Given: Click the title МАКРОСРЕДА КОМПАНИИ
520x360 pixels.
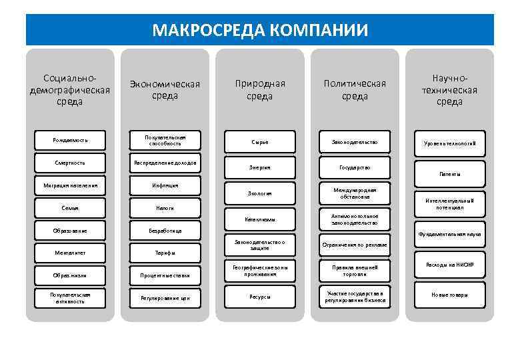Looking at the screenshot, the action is coord(260,30).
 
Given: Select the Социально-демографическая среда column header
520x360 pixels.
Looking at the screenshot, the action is coord(70,90).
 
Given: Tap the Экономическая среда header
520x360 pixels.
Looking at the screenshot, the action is coord(165,90).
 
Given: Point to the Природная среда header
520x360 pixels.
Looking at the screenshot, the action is coord(260,90).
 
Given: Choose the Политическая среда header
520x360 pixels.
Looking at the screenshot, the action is coord(355,90).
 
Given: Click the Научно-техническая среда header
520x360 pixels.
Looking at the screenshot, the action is coord(450,90).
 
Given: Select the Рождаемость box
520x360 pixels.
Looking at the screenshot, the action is coord(70,140).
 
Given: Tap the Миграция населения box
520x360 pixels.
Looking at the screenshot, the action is coord(70,185).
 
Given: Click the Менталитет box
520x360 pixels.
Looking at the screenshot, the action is coord(70,253).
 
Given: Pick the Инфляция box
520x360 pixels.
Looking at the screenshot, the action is coord(165,185).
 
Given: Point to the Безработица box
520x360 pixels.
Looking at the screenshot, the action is coord(165,231).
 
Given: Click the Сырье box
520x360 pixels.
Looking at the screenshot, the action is coord(260,142).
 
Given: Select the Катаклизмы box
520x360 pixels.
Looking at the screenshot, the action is coord(260,219).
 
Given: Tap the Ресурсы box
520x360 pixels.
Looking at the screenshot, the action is coord(260,296).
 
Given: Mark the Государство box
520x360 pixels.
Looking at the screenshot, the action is coord(355,167).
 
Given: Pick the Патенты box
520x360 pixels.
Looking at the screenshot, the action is coord(450,173).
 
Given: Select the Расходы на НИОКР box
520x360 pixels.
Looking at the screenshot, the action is coord(450,265).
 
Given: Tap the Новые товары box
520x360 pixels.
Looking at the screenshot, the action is coord(450,295).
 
